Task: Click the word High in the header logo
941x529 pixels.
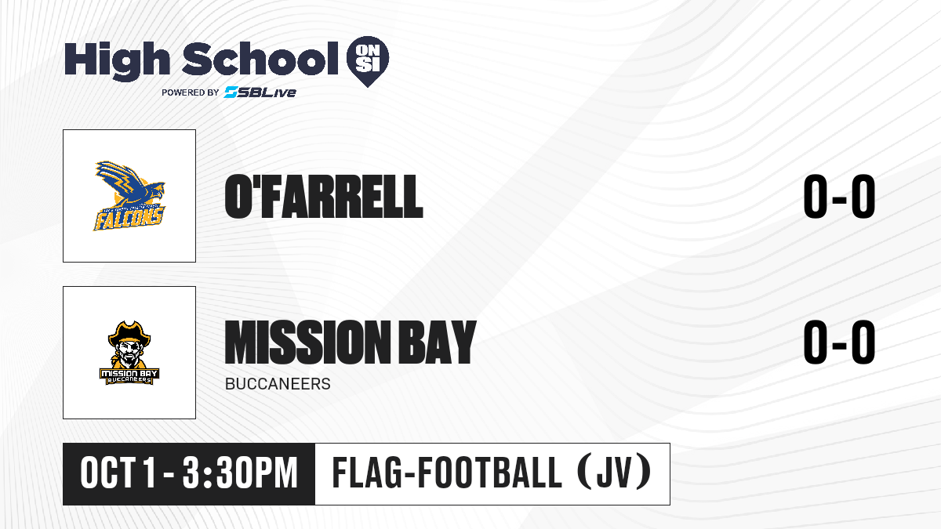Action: pyautogui.click(x=117, y=60)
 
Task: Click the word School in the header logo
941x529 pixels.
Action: pyautogui.click(x=260, y=58)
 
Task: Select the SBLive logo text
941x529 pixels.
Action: pyautogui.click(x=260, y=92)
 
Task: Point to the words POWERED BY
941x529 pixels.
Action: pyautogui.click(x=191, y=92)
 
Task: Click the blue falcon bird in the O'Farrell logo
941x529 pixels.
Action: pyautogui.click(x=129, y=186)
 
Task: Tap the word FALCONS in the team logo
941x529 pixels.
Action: pyautogui.click(x=129, y=219)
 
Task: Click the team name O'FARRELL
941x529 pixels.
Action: pyautogui.click(x=323, y=197)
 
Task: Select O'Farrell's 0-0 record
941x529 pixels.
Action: pyautogui.click(x=839, y=197)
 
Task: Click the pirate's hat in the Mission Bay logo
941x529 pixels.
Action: pyautogui.click(x=129, y=333)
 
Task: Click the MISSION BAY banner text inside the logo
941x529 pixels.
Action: pyautogui.click(x=129, y=373)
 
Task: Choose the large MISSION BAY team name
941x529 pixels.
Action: pyautogui.click(x=351, y=342)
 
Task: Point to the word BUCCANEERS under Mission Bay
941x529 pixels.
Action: pyautogui.click(x=278, y=384)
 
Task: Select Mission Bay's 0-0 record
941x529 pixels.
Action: pyautogui.click(x=839, y=342)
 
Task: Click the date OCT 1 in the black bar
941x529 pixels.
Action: pyautogui.click(x=118, y=473)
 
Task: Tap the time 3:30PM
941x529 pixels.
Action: pyautogui.click(x=240, y=473)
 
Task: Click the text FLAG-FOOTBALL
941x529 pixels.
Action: pyautogui.click(x=447, y=473)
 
